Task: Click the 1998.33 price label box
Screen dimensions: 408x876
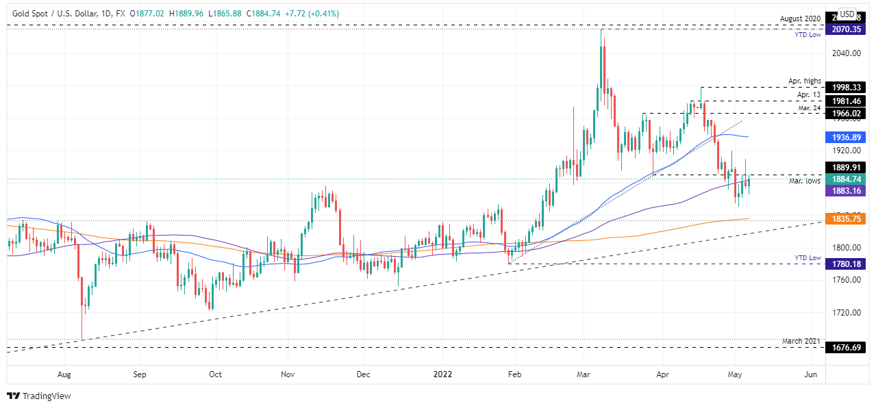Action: point(846,87)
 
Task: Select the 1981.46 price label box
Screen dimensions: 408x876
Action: point(846,101)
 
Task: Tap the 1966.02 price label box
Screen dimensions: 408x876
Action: point(846,113)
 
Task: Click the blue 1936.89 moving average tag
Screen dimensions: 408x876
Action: point(846,137)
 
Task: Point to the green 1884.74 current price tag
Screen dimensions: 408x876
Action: point(846,179)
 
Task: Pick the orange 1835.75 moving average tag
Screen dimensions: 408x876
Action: point(846,219)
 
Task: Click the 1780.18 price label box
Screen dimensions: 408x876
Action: point(846,264)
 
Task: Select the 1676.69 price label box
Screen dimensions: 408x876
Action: point(846,348)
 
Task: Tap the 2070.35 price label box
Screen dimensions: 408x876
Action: point(846,30)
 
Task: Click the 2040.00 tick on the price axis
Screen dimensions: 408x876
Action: point(846,53)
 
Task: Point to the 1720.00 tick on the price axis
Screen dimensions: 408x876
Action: point(846,312)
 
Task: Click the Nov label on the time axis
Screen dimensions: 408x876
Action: point(288,374)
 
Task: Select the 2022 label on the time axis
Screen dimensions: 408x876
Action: point(442,374)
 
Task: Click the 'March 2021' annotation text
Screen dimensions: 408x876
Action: point(802,341)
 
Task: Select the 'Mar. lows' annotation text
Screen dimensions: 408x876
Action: point(805,181)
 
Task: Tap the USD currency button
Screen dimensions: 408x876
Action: point(847,14)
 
